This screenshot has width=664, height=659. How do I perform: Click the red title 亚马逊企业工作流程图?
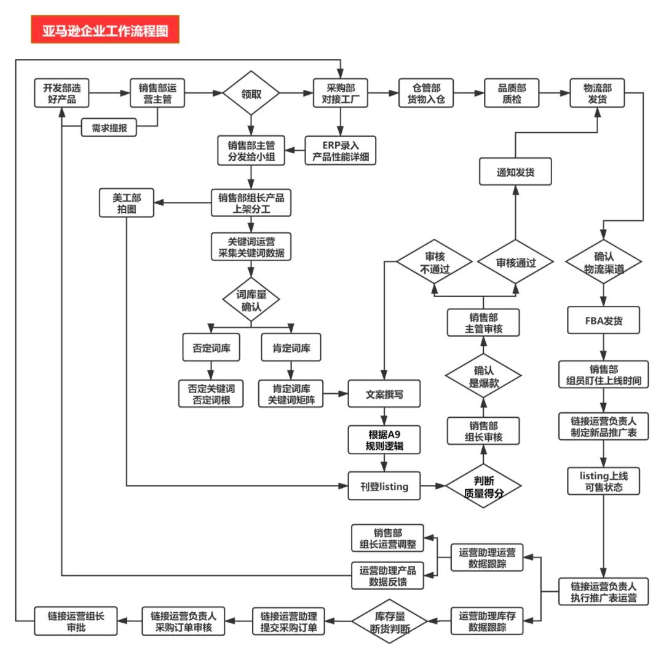(x=105, y=30)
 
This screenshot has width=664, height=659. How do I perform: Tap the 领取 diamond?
(x=251, y=94)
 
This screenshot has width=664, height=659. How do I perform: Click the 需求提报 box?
(x=109, y=127)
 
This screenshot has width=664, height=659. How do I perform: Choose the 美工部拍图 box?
(x=126, y=204)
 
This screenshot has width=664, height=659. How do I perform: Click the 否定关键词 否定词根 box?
(x=211, y=394)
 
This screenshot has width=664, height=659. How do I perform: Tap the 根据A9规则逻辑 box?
(x=384, y=440)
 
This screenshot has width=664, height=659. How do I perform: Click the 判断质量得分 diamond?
(x=483, y=487)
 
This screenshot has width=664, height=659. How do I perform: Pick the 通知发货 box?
(x=515, y=172)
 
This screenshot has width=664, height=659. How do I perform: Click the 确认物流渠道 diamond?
(x=603, y=263)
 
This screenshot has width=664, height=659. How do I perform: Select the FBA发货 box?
(x=603, y=320)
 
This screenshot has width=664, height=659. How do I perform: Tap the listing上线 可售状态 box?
(x=603, y=481)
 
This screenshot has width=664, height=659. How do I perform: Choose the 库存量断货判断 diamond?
(x=389, y=622)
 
